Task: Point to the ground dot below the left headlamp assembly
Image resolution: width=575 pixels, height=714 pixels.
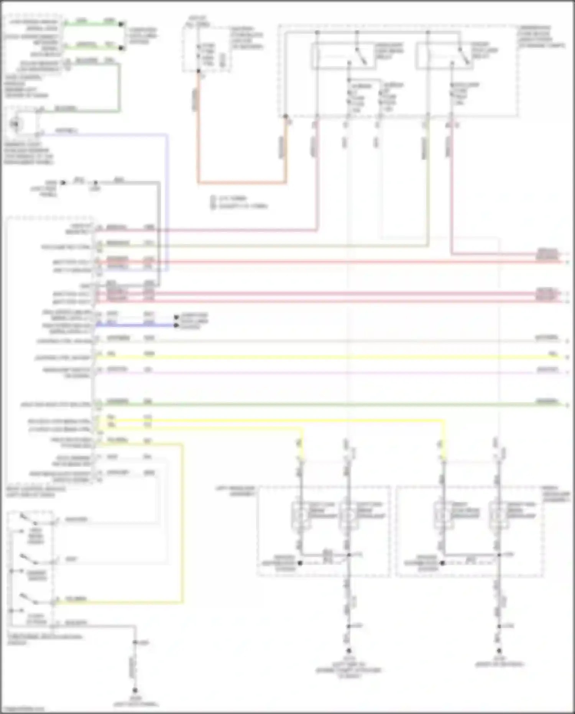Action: pyautogui.click(x=348, y=651)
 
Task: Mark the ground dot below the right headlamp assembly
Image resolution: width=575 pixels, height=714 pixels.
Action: pyautogui.click(x=499, y=651)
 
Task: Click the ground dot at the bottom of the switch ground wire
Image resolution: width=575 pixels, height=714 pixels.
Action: pyautogui.click(x=135, y=690)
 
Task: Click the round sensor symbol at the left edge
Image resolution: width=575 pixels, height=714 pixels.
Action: pyautogui.click(x=15, y=124)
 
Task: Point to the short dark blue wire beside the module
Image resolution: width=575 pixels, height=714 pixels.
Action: pyautogui.click(x=134, y=325)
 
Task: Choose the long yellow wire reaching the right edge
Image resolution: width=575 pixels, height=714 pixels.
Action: pyautogui.click(x=330, y=357)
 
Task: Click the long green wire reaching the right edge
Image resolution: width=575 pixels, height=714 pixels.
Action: pyautogui.click(x=330, y=404)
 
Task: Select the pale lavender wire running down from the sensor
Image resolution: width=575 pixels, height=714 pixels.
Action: pyautogui.click(x=167, y=200)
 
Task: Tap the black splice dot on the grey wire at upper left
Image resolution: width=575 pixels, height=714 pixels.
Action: pyautogui.click(x=95, y=183)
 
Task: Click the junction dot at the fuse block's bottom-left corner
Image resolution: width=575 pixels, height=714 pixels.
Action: pyautogui.click(x=286, y=116)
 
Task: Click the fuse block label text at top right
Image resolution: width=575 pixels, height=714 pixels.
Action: pyautogui.click(x=541, y=36)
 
